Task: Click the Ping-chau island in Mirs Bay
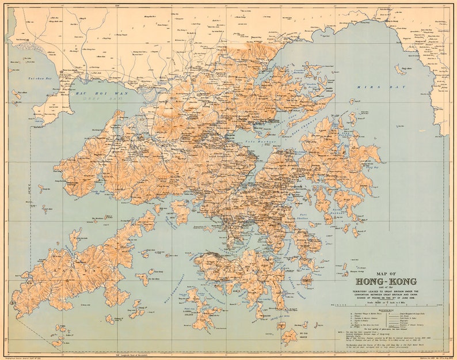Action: click(399, 69)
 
